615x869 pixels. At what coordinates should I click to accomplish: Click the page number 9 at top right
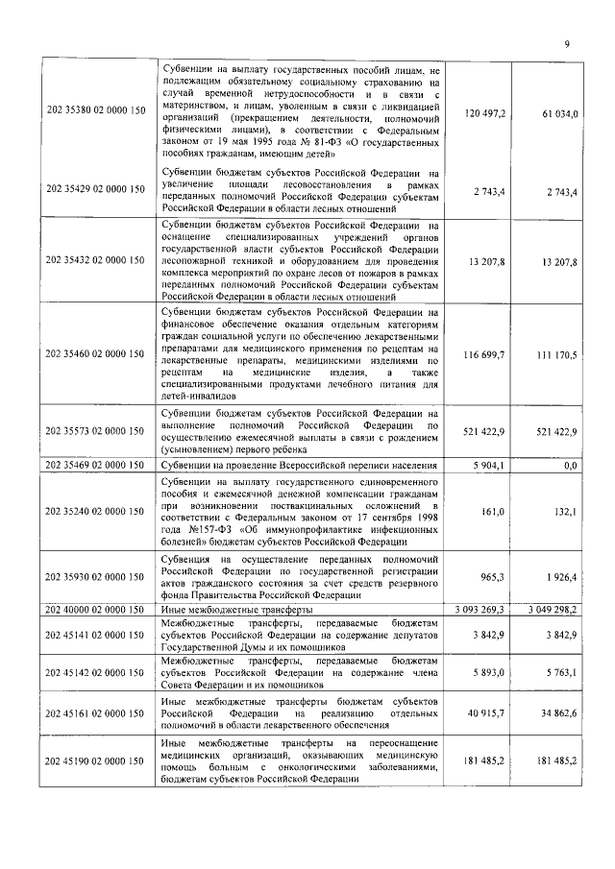click(x=567, y=43)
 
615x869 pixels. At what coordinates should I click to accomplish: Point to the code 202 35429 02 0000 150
click(x=96, y=192)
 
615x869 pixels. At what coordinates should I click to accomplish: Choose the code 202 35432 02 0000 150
click(x=96, y=258)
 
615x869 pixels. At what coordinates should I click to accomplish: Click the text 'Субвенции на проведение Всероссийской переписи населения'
click(x=299, y=466)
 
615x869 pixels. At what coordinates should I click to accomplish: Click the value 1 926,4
click(x=558, y=579)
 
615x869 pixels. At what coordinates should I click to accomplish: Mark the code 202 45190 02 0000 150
click(x=96, y=761)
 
